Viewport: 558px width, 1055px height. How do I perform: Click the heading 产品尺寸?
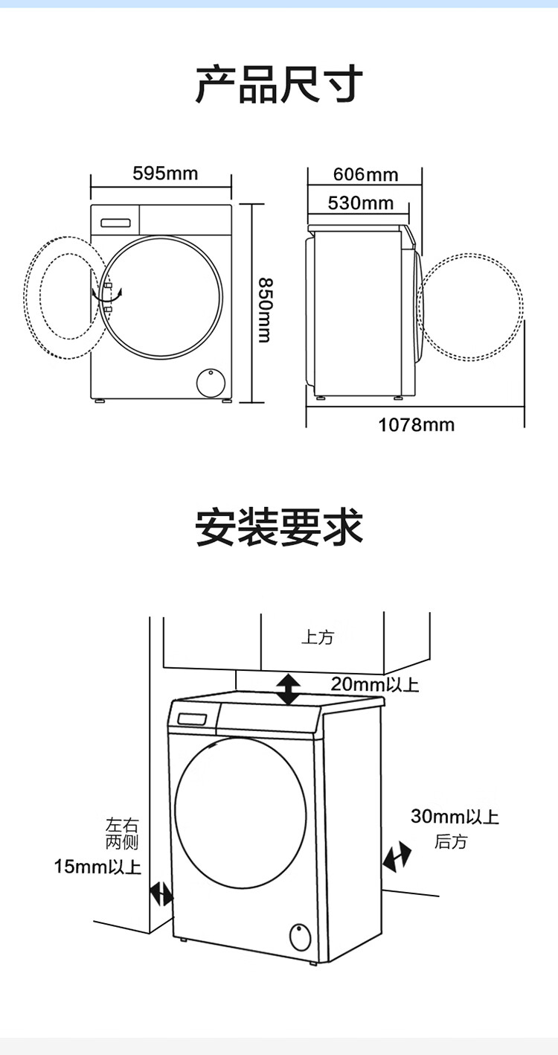[279, 83]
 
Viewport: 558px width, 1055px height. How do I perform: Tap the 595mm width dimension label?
[165, 173]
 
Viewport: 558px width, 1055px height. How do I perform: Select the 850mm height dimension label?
[264, 310]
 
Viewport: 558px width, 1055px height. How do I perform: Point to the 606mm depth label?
[365, 175]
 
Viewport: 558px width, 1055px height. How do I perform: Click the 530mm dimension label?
[360, 203]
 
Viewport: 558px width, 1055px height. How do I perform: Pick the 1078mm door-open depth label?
[416, 424]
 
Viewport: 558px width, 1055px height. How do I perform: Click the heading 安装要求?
[279, 527]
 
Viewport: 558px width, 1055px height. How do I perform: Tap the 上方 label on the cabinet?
[318, 637]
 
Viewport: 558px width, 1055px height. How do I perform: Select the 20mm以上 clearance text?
[375, 683]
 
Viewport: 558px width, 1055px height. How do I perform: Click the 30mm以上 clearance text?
[455, 817]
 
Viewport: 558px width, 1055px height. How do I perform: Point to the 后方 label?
[451, 842]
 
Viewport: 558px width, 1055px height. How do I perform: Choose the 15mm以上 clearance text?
[97, 867]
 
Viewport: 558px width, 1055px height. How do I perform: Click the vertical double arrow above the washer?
[288, 689]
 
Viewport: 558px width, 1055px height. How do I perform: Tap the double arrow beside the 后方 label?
[397, 857]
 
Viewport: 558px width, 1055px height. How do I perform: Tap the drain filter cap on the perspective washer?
[300, 936]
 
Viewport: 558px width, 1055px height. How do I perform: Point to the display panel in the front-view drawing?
[115, 221]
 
